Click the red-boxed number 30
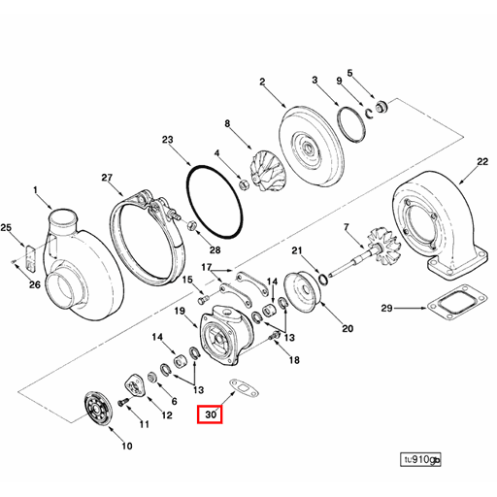click(x=210, y=414)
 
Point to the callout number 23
click(x=167, y=141)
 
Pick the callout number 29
click(x=385, y=309)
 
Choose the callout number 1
click(x=35, y=190)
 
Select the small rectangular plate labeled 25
click(x=30, y=259)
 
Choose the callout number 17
click(x=205, y=267)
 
